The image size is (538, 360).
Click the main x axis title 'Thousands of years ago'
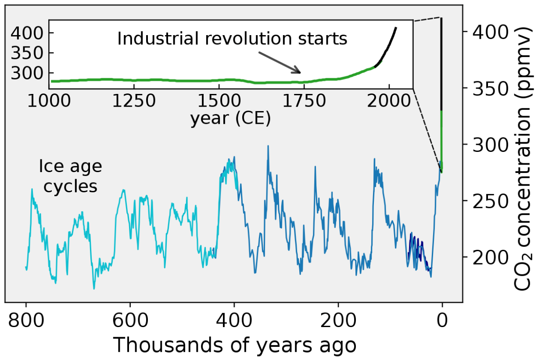tap(234, 346)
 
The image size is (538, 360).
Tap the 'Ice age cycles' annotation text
tap(70, 176)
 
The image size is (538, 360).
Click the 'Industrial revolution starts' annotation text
tap(232, 39)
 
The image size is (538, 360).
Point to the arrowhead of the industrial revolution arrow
tap(299, 72)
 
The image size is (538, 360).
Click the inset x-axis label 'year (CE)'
tap(230, 119)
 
